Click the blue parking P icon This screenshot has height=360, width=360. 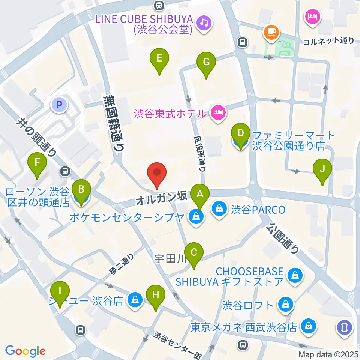(x=59, y=105)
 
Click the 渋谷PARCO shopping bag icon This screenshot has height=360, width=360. (x=218, y=209)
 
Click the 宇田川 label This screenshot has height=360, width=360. (x=168, y=258)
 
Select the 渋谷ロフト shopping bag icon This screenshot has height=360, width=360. (x=286, y=304)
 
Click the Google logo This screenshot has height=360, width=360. (x=25, y=351)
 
